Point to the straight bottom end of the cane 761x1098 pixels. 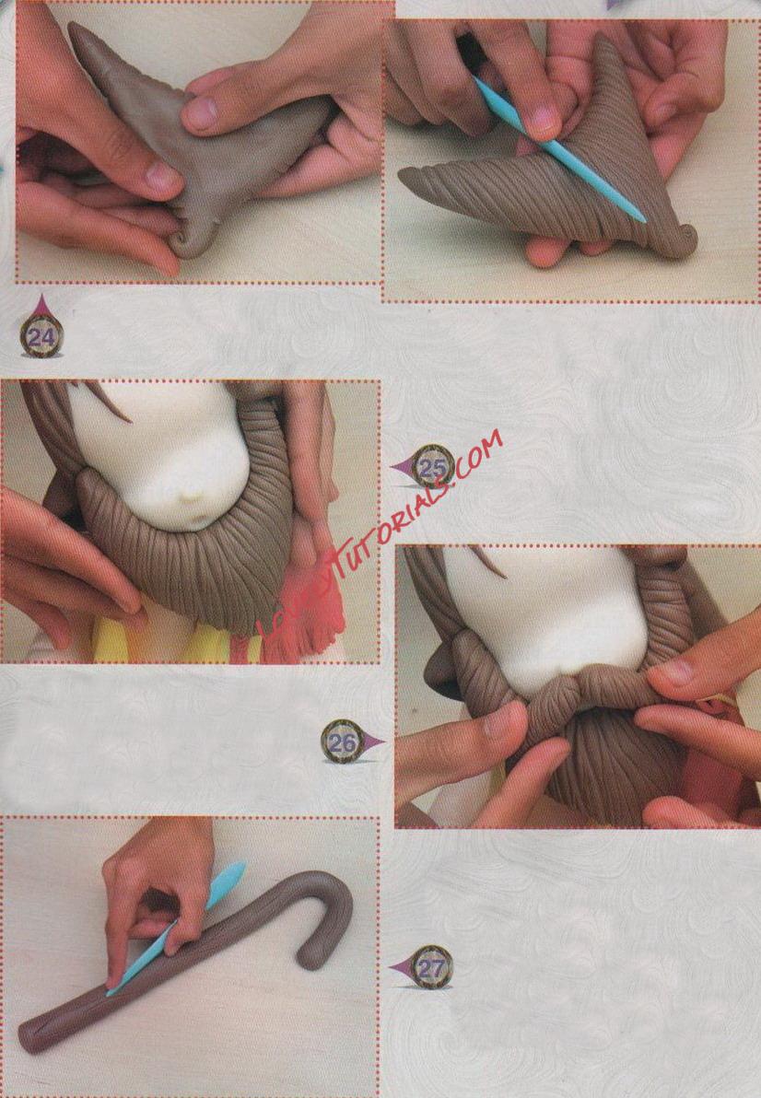31,1039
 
